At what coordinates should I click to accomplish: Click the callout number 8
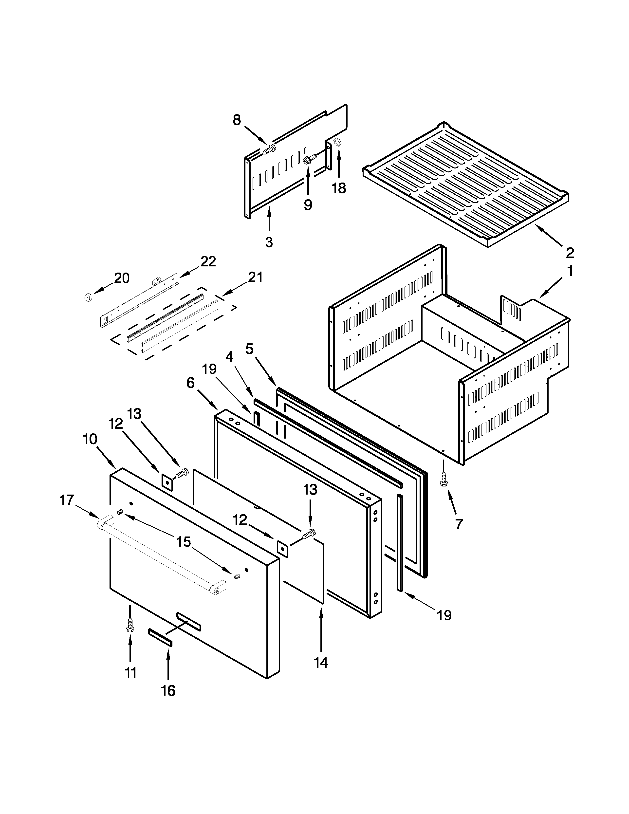coord(237,120)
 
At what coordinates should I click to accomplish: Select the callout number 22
coord(208,262)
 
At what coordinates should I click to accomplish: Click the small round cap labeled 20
coord(88,297)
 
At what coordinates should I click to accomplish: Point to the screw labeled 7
coord(444,480)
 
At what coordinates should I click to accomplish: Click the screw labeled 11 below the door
coord(130,625)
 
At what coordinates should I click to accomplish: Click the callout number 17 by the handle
coord(67,499)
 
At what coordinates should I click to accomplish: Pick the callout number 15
coord(183,541)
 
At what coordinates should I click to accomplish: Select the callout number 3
coord(269,242)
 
